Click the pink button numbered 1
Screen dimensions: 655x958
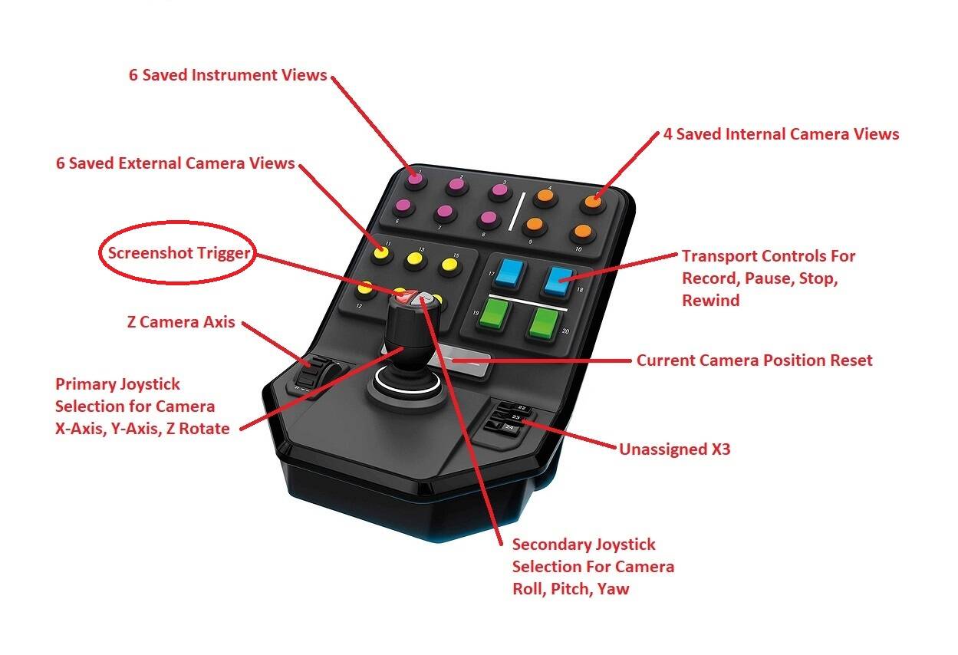tap(415, 179)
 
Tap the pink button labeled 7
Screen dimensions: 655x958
tap(443, 212)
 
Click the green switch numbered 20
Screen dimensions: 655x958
tap(542, 323)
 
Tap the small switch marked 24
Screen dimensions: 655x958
tap(509, 426)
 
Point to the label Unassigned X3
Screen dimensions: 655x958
tap(674, 449)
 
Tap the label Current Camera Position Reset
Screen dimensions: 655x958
tap(754, 360)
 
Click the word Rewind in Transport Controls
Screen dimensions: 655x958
tap(710, 300)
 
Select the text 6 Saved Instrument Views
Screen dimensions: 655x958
tap(228, 75)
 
